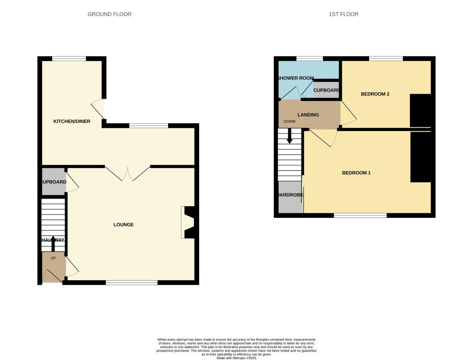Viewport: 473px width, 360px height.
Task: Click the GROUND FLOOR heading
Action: coord(109,14)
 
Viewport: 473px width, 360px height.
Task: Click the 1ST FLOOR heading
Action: coord(343,14)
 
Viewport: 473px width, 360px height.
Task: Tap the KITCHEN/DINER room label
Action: coord(72,121)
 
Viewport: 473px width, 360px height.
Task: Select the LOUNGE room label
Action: coord(123,225)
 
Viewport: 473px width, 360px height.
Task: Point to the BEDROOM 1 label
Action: coord(356,173)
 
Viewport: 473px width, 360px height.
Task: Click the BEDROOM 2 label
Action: coord(375,94)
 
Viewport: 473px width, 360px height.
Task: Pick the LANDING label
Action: coord(308,114)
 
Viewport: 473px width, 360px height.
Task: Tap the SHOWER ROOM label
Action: coord(296,78)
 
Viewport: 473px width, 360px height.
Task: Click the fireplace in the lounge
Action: coord(189,222)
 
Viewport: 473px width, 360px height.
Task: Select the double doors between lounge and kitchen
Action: coord(127,174)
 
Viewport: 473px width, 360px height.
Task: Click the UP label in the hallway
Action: coord(53,258)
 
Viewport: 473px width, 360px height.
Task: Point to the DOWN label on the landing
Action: coord(290,122)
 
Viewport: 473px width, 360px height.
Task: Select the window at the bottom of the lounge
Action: coord(132,282)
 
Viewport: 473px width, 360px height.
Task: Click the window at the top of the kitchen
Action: coord(69,59)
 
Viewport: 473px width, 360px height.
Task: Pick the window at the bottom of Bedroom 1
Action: coord(360,216)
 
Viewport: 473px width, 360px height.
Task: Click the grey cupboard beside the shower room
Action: coord(327,90)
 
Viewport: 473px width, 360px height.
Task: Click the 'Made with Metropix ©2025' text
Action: coord(236,358)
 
